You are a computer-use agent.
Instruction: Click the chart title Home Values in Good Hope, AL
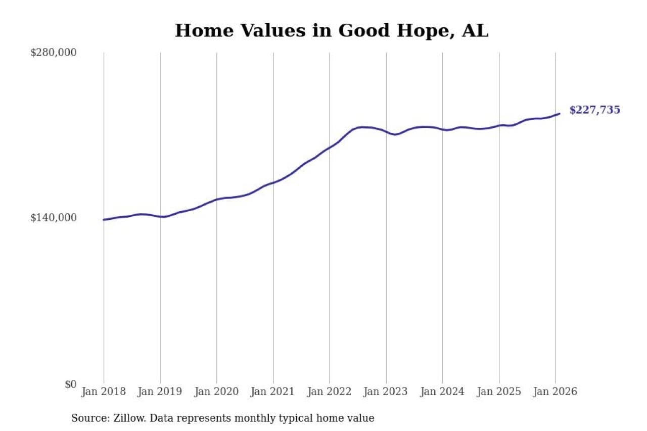pos(332,31)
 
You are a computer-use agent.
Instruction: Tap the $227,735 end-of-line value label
pos(594,110)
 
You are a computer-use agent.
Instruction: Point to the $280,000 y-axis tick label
pos(54,53)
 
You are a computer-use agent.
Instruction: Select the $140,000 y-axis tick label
pos(54,218)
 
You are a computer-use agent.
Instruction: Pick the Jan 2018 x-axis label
pos(104,392)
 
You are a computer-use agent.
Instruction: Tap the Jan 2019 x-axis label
pos(160,392)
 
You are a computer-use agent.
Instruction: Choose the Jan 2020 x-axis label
pos(217,392)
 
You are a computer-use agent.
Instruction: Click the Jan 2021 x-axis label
pos(273,392)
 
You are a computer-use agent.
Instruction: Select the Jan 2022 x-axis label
pos(330,392)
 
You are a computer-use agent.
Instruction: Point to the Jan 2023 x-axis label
pos(386,392)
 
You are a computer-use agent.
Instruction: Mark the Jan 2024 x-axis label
pos(442,392)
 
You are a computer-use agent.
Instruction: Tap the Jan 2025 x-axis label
pos(499,392)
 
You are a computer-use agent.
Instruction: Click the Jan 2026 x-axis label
pos(556,392)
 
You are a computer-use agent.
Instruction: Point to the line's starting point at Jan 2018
pos(104,220)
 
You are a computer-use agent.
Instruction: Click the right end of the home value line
pos(560,114)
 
